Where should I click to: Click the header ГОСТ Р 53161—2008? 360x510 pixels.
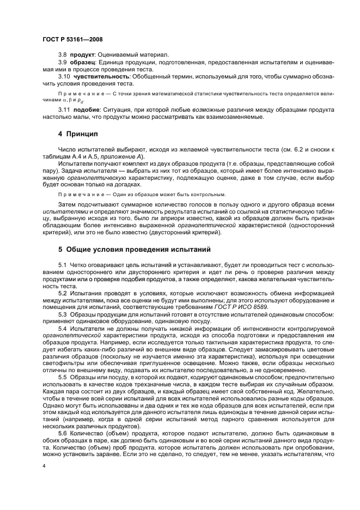pos(72,40)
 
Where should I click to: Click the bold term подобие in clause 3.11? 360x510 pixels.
pos(84,111)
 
